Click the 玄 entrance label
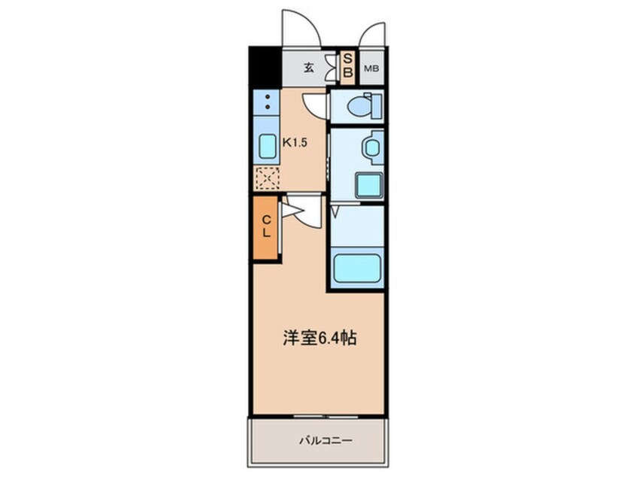pyautogui.click(x=309, y=68)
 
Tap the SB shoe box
pyautogui.click(x=348, y=68)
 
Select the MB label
pyautogui.click(x=371, y=69)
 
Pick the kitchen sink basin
pyautogui.click(x=268, y=147)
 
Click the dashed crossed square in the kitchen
pyautogui.click(x=267, y=179)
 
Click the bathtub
pyautogui.click(x=356, y=267)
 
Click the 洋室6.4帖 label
pyautogui.click(x=319, y=339)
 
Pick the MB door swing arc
pyautogui.click(x=372, y=35)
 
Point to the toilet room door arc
pyautogui.click(x=314, y=105)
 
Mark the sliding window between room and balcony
pyautogui.click(x=319, y=416)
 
